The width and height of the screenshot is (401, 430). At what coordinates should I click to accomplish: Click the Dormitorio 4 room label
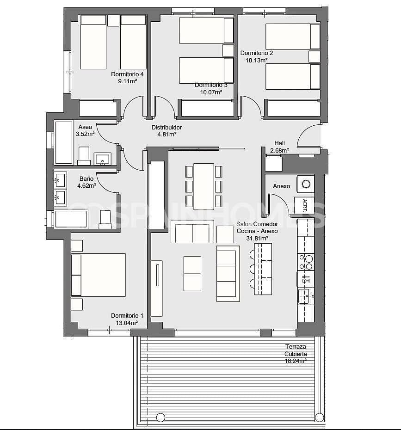tap(127, 74)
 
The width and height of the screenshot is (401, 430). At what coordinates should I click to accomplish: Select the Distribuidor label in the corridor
tap(167, 128)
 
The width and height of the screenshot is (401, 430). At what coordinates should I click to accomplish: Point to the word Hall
tap(279, 143)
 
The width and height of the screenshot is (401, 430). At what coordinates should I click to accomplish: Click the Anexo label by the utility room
tap(281, 186)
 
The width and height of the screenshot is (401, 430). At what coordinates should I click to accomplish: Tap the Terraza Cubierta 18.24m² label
tap(296, 354)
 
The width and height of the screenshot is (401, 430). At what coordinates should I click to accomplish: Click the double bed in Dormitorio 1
tap(99, 275)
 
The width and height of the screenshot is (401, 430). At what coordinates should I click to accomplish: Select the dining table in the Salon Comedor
tap(204, 186)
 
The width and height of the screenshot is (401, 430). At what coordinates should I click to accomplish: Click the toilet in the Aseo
tap(84, 156)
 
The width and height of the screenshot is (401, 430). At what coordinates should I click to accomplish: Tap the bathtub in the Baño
tap(71, 219)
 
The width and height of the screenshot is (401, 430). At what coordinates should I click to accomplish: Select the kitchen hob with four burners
tap(306, 262)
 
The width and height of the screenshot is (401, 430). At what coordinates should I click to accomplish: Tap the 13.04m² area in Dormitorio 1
tap(127, 323)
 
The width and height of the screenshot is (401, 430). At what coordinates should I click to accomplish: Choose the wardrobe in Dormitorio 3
tap(207, 108)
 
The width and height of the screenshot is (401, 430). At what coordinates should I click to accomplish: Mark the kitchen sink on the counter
tap(305, 296)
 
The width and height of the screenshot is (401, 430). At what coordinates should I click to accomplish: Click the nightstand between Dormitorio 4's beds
tap(113, 21)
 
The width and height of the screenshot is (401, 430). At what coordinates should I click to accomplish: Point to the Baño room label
tap(86, 178)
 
